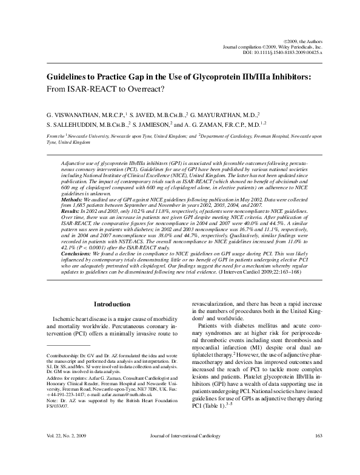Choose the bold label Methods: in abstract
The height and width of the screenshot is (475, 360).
[75, 198]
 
